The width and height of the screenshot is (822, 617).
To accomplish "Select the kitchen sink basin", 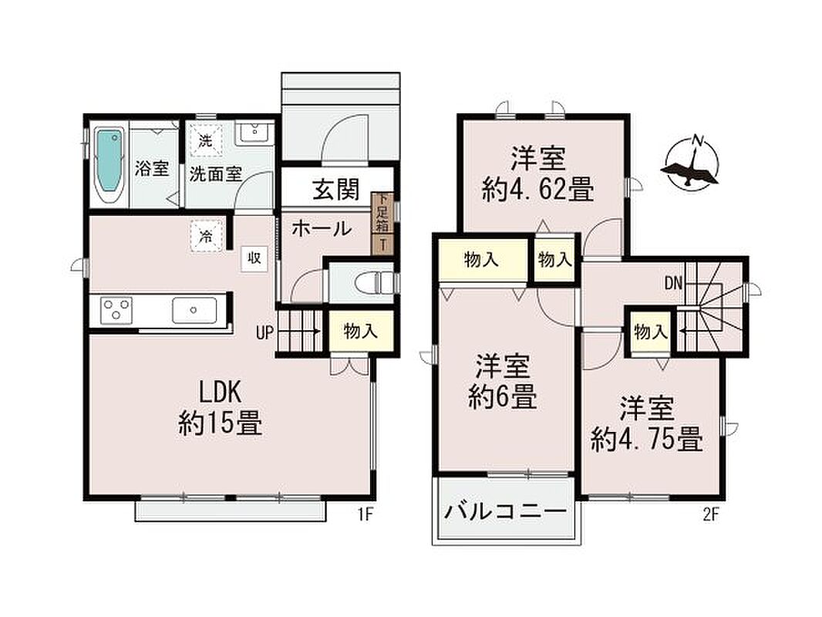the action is [x=194, y=310].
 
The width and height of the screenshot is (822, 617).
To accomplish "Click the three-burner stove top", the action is [x=117, y=310].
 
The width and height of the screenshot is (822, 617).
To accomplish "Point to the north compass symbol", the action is [x=689, y=162].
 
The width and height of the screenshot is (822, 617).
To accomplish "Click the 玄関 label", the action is [x=336, y=189].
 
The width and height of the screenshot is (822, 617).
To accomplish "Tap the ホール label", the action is [x=322, y=228].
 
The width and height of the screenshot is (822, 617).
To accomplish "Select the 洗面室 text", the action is [x=215, y=174].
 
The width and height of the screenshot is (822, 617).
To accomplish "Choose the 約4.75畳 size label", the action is [x=647, y=440].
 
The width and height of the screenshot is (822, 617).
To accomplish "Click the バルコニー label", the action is [x=505, y=510].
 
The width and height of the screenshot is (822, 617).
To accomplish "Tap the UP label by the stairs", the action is [x=264, y=332].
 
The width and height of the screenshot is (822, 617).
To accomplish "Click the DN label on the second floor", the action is [x=673, y=284].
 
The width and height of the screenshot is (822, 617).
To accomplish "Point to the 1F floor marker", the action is [x=365, y=514].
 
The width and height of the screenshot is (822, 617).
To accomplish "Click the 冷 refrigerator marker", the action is [x=207, y=237].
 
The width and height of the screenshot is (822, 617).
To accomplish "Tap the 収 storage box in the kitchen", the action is [x=254, y=258].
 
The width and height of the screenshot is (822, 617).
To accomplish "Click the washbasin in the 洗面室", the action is [x=253, y=133].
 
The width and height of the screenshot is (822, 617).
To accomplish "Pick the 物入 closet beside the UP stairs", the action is [x=361, y=332].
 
